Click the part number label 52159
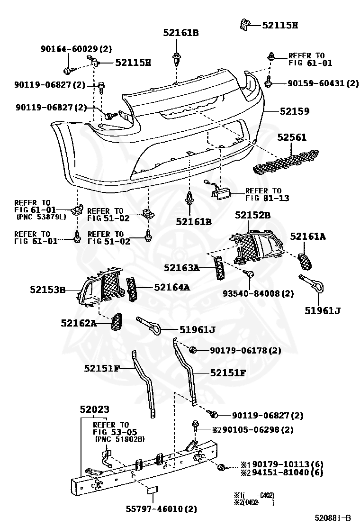[294, 112]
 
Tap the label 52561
[292, 138]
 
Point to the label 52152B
[252, 215]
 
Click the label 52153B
[48, 290]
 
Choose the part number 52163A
[181, 268]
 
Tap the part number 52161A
[308, 236]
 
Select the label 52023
[94, 409]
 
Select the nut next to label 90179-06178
[193, 350]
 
